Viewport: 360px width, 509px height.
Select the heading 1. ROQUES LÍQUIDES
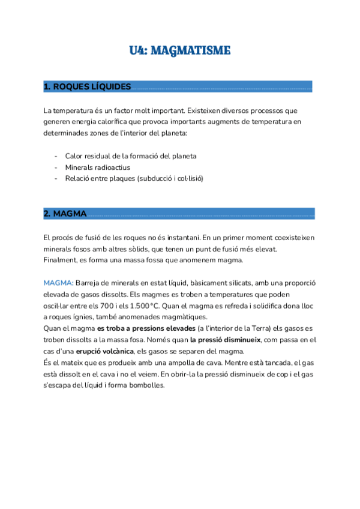87,87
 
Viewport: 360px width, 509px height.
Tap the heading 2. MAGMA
65,214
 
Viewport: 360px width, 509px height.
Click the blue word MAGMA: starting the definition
58,283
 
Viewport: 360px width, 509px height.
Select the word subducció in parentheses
157,179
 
